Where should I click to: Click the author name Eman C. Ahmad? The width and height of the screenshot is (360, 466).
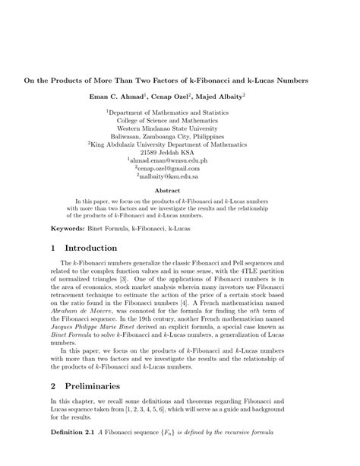pos(136,97)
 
